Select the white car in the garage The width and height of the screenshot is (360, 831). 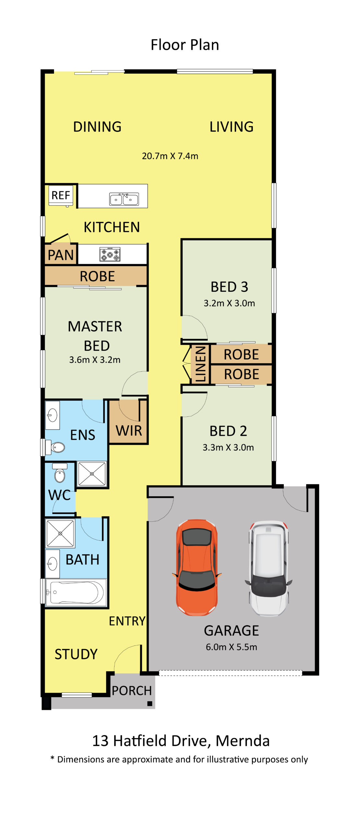pyautogui.click(x=268, y=568)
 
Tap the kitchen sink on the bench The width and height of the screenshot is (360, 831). pyautogui.click(x=124, y=199)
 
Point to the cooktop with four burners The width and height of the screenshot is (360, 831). pyautogui.click(x=110, y=254)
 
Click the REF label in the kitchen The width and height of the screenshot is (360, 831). pyautogui.click(x=61, y=195)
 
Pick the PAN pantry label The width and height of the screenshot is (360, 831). pyautogui.click(x=61, y=255)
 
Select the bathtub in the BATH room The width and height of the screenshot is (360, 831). pyautogui.click(x=76, y=592)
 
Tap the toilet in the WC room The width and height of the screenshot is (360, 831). pyautogui.click(x=60, y=475)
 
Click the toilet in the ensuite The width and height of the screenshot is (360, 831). pyautogui.click(x=56, y=447)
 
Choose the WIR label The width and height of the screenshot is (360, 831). pyautogui.click(x=129, y=431)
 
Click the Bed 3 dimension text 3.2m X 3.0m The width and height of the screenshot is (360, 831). pyautogui.click(x=229, y=303)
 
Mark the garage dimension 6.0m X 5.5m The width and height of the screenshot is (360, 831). pyautogui.click(x=231, y=647)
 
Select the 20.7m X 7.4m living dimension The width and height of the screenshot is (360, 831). pyautogui.click(x=170, y=156)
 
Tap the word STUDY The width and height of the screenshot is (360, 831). pyautogui.click(x=76, y=654)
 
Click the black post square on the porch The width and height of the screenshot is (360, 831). pyautogui.click(x=150, y=704)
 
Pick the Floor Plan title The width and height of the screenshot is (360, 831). pyautogui.click(x=185, y=45)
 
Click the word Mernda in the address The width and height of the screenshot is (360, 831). pyautogui.click(x=242, y=741)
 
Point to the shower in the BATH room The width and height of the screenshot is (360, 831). pyautogui.click(x=60, y=533)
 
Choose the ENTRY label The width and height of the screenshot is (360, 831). pyautogui.click(x=127, y=621)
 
